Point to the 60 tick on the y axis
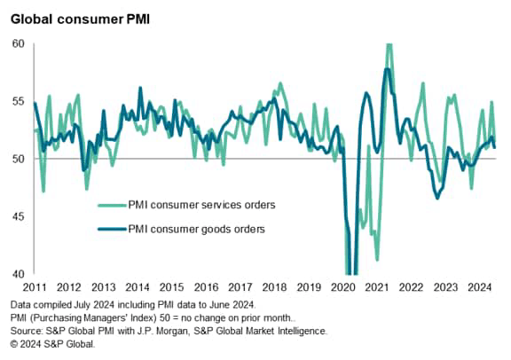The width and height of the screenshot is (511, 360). [x=17, y=43]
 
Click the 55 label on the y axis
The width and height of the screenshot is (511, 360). [x=17, y=101]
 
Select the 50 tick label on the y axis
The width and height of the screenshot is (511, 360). [x=17, y=159]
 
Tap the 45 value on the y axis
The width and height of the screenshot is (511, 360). [x=17, y=216]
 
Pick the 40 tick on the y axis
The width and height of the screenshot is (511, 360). [x=17, y=274]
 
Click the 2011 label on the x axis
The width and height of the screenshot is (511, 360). [x=35, y=288]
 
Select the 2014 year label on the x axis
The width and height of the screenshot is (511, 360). [x=138, y=288]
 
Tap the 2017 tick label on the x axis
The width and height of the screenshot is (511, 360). [x=240, y=288]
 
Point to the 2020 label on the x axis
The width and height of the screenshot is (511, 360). [x=342, y=288]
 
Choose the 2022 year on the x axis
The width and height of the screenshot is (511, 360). [x=411, y=288]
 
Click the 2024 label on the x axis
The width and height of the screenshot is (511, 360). [x=478, y=288]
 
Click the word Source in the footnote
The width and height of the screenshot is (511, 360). [x=24, y=331]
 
